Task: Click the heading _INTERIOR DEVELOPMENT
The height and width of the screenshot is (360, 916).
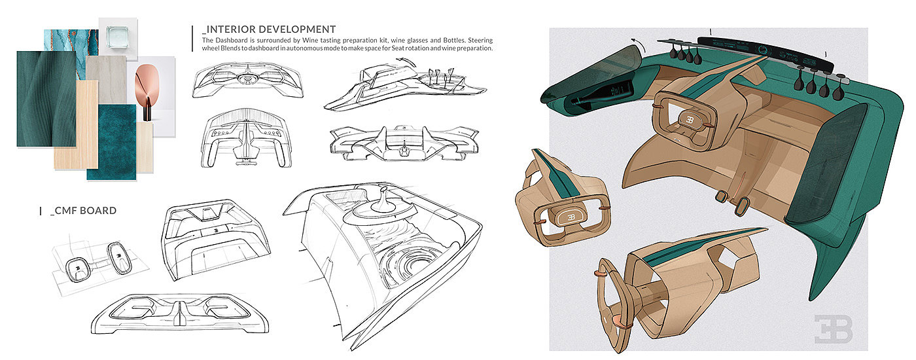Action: pos(269,29)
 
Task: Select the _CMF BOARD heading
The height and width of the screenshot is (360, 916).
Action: pos(83,211)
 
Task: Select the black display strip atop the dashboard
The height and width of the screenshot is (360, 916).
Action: pos(766,52)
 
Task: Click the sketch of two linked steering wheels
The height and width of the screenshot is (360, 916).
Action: pos(98,262)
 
